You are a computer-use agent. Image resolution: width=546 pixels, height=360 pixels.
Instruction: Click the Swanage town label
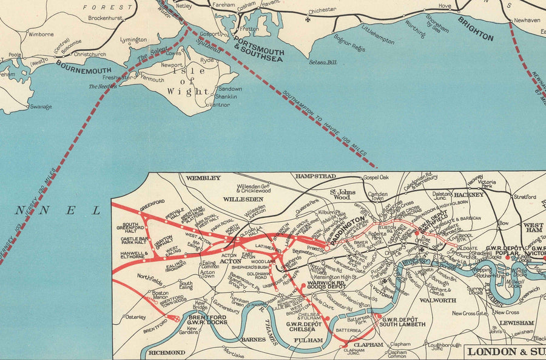(41, 107)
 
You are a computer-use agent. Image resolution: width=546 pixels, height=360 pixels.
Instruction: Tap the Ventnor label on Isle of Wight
(220, 104)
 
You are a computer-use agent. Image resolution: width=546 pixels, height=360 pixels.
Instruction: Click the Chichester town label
(322, 10)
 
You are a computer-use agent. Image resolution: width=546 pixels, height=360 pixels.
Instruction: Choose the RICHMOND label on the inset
(167, 352)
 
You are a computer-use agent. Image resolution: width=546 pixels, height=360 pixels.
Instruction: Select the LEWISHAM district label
(517, 323)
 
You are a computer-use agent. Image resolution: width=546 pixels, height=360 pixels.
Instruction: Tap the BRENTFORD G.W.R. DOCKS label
(206, 321)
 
